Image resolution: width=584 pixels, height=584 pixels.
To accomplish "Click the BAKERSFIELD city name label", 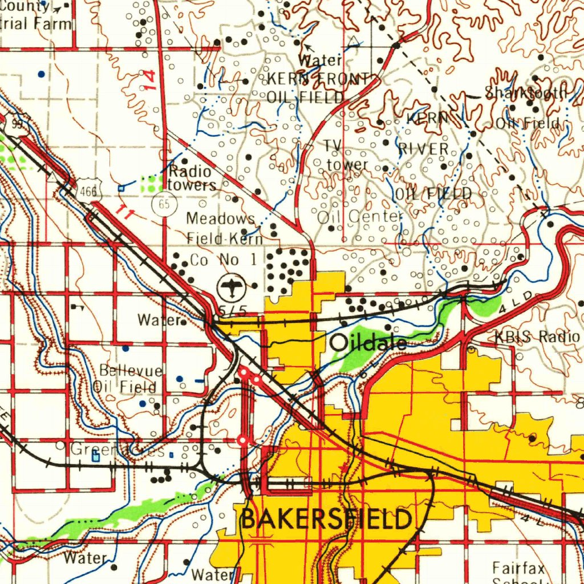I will [326, 520].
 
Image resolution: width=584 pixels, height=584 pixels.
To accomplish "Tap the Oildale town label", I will [368, 342].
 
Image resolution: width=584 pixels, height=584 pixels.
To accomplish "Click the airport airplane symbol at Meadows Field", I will [232, 286].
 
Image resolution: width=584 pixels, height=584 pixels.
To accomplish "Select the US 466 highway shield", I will [89, 188].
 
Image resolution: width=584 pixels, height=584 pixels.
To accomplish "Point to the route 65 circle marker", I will [164, 205].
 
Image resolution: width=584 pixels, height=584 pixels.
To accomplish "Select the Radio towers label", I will [191, 178].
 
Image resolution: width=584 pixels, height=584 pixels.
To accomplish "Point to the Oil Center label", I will [359, 217].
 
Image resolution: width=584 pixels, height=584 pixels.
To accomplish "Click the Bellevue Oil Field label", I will [129, 379].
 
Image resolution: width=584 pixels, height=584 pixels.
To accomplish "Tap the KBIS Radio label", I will [537, 336].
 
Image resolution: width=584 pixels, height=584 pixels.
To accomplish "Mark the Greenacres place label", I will [117, 450].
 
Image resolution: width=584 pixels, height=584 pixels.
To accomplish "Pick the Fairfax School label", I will [519, 573].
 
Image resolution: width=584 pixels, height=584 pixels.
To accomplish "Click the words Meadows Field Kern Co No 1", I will [225, 239].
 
